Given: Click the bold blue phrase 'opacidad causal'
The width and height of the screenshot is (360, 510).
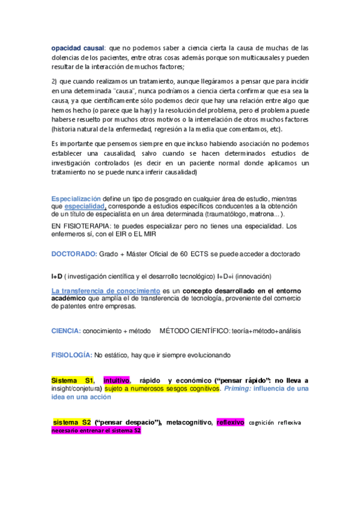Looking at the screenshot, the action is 78,48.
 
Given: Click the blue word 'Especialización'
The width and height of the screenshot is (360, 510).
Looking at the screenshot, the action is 76,199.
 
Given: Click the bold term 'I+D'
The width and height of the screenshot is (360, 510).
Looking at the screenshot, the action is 56,276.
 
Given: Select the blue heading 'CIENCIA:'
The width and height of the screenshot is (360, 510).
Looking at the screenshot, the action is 66,331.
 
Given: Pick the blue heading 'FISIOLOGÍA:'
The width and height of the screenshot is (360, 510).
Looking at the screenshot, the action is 72,355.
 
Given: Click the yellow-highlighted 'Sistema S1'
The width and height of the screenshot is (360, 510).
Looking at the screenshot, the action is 73,381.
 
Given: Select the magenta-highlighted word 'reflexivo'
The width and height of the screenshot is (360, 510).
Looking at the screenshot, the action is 230,422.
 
